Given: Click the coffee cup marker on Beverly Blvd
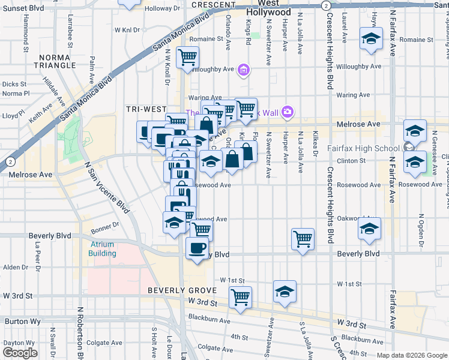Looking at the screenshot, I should coord(197,248).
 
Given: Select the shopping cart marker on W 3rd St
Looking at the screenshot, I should coord(240,297).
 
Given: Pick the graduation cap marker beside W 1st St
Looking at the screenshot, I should coord(285,292).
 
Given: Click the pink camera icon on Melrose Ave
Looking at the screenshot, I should coord(288,112).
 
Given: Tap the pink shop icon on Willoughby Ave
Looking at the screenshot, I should coord(243,71).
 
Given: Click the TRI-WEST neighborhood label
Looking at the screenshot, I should coord(146,109).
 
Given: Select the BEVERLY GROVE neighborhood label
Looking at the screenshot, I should coord(175,290).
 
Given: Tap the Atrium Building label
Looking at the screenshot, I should coord(103,249).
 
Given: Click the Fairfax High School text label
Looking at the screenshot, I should coord(363,148).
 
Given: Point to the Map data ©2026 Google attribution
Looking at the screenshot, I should coord(412,355).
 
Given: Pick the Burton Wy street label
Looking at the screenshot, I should coord(23,321).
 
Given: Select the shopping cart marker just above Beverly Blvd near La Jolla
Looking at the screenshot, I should coord(303,239).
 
